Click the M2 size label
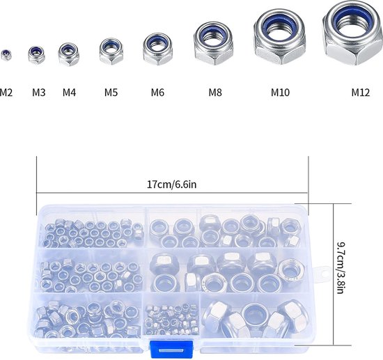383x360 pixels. [x=6, y=93]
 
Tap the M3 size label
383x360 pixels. [x=39, y=93]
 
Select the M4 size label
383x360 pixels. [x=70, y=93]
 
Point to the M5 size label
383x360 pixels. [x=111, y=93]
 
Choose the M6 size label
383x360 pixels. [x=157, y=93]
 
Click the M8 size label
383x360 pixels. [x=215, y=93]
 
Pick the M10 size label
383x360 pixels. [x=280, y=93]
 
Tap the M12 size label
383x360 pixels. [x=361, y=93]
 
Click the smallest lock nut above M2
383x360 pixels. [x=6, y=55]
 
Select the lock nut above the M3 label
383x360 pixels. [x=36, y=55]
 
